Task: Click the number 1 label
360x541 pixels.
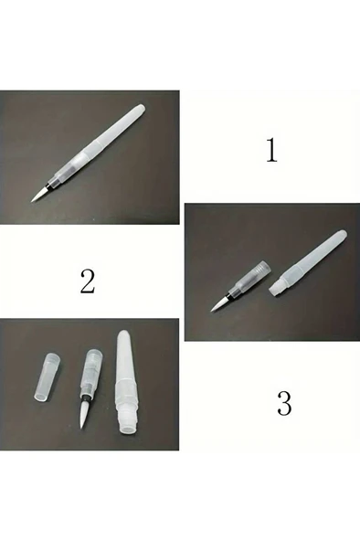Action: pos(270,150)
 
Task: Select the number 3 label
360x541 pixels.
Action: pos(284,403)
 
